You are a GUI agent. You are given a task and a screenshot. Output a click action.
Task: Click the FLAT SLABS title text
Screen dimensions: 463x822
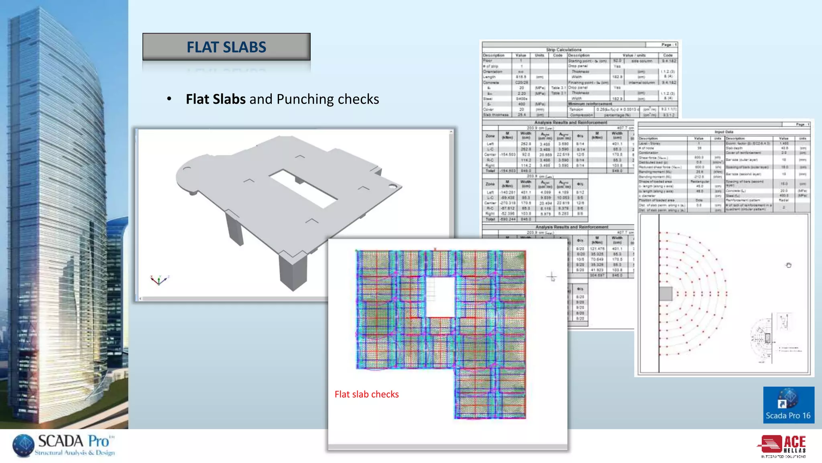click(226, 47)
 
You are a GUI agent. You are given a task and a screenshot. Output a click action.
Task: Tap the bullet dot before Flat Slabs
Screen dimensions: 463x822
click(169, 99)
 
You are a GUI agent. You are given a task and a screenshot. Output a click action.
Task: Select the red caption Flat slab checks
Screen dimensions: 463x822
click(366, 394)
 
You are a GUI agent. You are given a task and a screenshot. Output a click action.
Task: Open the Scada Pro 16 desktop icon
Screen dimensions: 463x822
click(788, 404)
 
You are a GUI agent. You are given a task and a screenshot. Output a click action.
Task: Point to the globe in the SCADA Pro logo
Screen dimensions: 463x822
click(23, 446)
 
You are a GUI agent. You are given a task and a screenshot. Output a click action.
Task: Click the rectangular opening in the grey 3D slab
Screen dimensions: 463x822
click(303, 188)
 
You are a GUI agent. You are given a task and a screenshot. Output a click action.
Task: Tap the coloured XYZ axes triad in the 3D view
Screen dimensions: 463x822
click(159, 280)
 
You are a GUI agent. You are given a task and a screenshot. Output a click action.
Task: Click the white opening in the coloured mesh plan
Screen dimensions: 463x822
click(440, 297)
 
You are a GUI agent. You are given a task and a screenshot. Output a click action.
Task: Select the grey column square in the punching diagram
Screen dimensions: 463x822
click(666, 294)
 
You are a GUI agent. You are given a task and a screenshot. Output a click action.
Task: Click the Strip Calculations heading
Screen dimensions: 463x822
click(564, 50)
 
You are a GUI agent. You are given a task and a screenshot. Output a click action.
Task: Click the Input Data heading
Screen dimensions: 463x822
click(724, 132)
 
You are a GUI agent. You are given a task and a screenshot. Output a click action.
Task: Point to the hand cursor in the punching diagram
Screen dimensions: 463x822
click(788, 265)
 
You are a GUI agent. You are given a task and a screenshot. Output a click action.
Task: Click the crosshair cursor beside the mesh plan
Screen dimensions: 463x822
click(551, 277)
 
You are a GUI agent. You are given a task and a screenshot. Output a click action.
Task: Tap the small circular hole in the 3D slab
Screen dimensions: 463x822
click(393, 186)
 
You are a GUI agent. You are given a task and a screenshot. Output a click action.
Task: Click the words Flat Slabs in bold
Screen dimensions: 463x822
click(216, 99)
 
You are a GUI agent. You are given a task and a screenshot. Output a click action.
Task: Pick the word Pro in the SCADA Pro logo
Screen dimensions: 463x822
click(98, 441)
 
